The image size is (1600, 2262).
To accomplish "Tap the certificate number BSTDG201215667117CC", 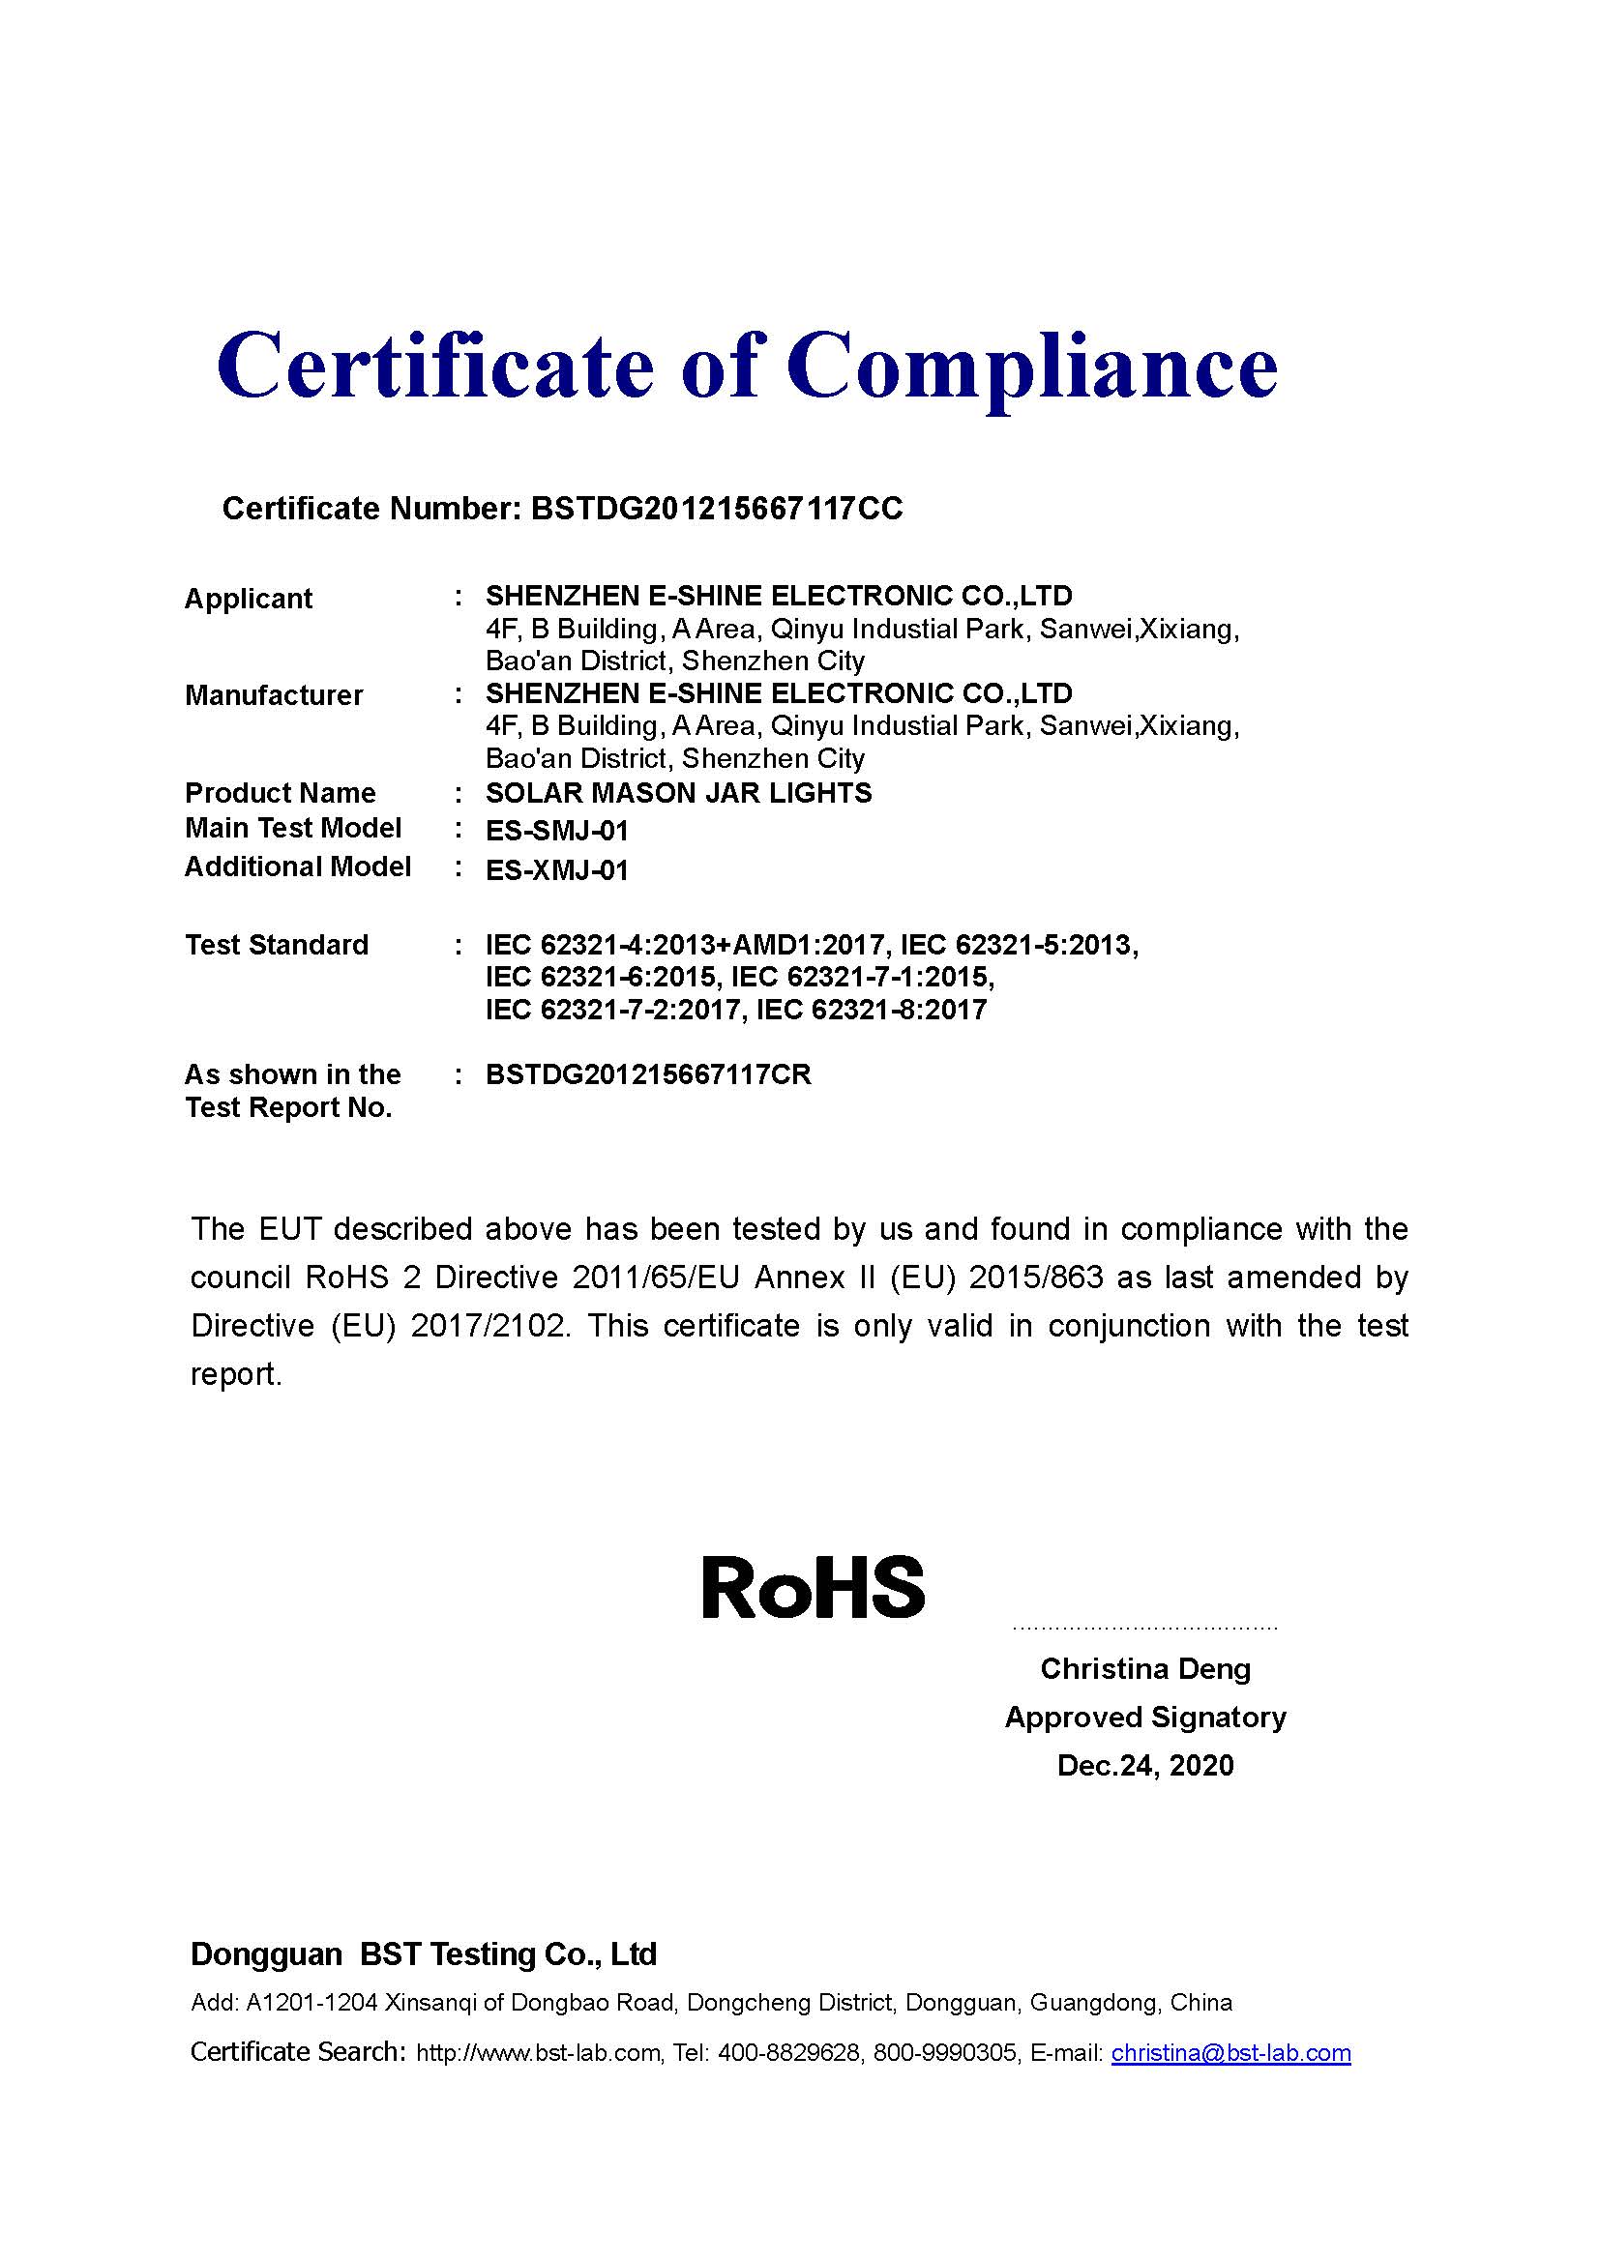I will point(716,509).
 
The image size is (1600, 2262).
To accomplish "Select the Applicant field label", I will point(249,599).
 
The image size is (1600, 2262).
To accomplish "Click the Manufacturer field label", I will point(274,695).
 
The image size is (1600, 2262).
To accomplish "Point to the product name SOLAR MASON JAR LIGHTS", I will point(679,793).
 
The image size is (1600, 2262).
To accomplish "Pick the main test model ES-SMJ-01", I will point(556,832).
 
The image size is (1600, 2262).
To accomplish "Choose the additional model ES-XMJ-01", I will point(556,871).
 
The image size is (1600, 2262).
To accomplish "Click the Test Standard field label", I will point(277,945).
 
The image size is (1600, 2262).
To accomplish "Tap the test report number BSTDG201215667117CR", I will point(648,1074).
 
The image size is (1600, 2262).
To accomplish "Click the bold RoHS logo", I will point(814,1587).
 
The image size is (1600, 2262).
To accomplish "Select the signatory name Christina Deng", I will point(1144,1669).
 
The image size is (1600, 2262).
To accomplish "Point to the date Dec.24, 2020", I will point(1144,1765).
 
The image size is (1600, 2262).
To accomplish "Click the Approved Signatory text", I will point(1144,1718).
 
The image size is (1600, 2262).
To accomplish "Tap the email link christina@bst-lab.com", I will point(1230,2053).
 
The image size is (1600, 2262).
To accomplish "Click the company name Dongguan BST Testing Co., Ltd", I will point(424,1954).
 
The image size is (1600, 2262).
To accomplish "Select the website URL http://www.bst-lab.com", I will point(538,2053).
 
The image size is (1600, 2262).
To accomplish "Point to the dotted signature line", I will point(1144,1629).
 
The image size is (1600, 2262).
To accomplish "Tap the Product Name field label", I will point(280,793).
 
